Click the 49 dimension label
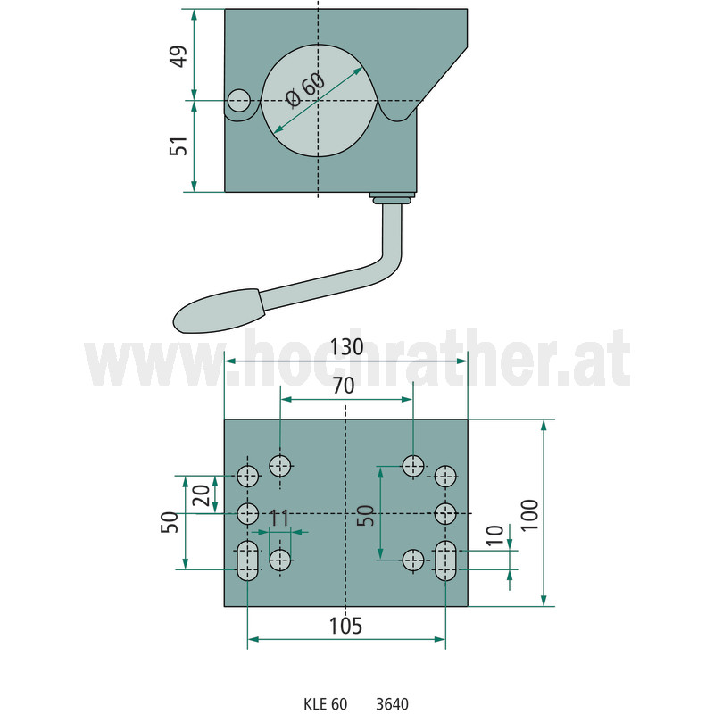(x=179, y=56)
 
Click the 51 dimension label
(x=179, y=145)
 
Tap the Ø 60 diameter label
(x=304, y=90)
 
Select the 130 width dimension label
(x=346, y=347)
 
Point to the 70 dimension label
(x=344, y=386)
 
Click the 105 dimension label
(x=345, y=626)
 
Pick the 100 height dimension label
(x=529, y=515)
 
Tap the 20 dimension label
(x=201, y=495)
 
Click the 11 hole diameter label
(x=279, y=518)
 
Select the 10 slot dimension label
(x=495, y=535)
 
